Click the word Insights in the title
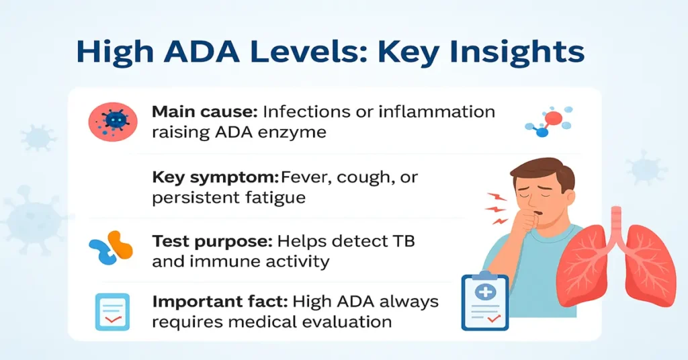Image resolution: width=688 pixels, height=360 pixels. point(513,51)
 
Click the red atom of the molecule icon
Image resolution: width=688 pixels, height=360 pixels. point(554,119)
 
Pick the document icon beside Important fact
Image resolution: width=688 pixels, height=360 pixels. point(112,312)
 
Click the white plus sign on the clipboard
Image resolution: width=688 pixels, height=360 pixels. point(485,292)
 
